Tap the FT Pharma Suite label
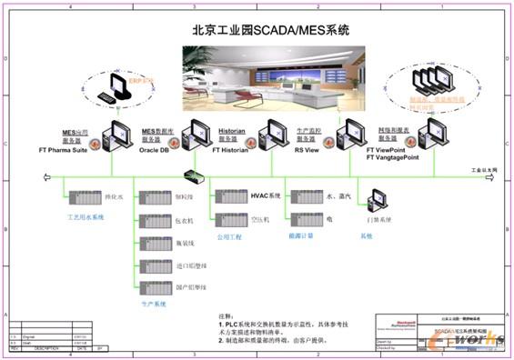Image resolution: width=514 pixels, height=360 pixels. (68, 149)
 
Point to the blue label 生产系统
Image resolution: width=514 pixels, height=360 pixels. (155, 305)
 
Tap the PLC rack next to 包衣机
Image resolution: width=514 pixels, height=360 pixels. (154, 220)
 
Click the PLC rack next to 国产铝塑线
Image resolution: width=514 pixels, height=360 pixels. (154, 288)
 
